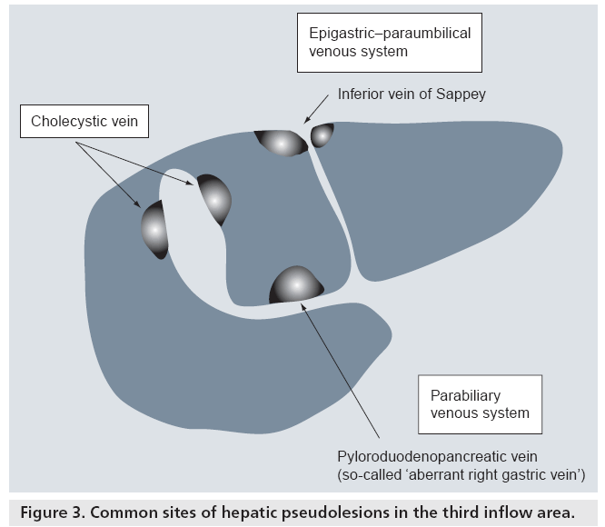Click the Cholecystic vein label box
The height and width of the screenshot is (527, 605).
(84, 122)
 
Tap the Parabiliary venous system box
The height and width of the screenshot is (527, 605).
(480, 404)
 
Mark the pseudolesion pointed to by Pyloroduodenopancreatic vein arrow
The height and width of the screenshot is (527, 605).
(296, 286)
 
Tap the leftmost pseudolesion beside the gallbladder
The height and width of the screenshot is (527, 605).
(155, 229)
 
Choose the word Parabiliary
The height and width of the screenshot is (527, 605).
(466, 395)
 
